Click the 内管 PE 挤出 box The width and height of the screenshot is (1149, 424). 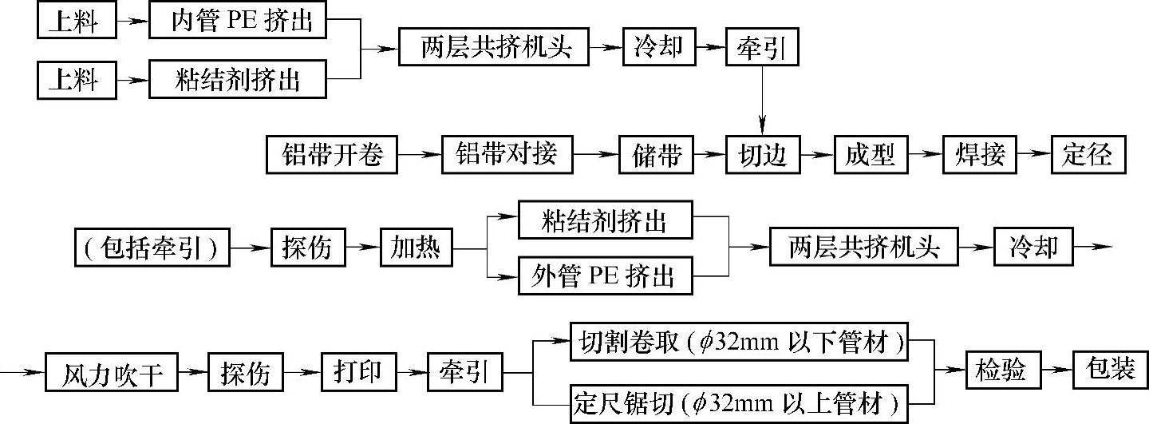237,21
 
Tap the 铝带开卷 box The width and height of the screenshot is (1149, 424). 332,155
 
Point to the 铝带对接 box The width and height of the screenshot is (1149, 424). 507,155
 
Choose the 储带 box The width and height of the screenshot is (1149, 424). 655,155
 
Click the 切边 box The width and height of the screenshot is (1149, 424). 763,155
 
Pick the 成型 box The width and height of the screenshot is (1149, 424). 870,155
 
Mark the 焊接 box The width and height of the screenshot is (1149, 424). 979,155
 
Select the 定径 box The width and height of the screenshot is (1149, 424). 1088,155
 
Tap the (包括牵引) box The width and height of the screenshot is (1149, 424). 151,248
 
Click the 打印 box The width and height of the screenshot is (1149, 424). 357,373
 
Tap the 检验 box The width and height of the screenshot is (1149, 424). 1001,371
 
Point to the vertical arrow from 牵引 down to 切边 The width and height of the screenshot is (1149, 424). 762,99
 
